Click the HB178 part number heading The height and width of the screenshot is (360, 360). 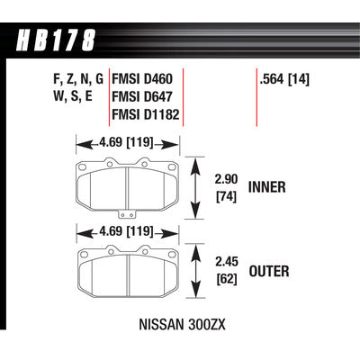(x=56, y=40)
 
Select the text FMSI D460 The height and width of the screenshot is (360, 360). (x=142, y=79)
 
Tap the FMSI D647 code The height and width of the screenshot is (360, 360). (x=142, y=96)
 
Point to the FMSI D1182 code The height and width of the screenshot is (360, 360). (x=146, y=114)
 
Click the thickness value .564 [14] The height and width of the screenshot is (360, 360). (x=284, y=79)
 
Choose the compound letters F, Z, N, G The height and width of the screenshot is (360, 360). (x=78, y=79)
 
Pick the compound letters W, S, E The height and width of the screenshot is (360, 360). (x=73, y=96)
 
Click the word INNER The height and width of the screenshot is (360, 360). (x=267, y=187)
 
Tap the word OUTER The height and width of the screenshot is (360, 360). (x=269, y=271)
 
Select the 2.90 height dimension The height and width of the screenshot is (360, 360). (x=226, y=179)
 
